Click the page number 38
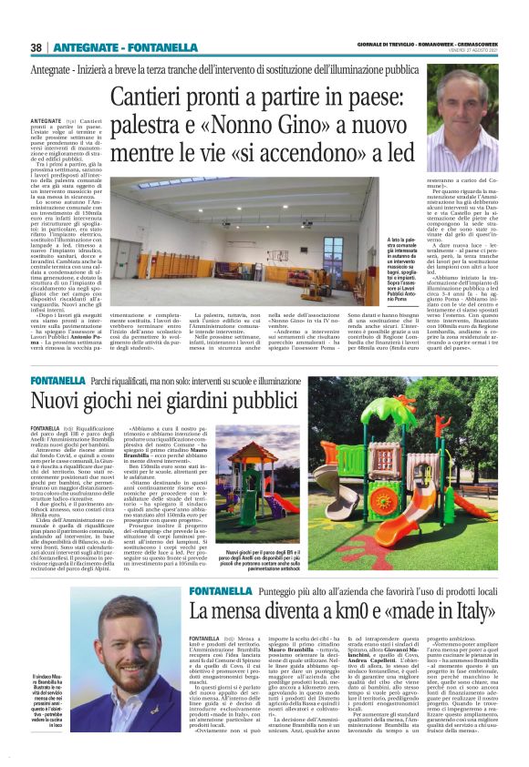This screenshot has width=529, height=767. [x=36, y=47]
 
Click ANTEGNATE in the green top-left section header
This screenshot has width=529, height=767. [x=82, y=47]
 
